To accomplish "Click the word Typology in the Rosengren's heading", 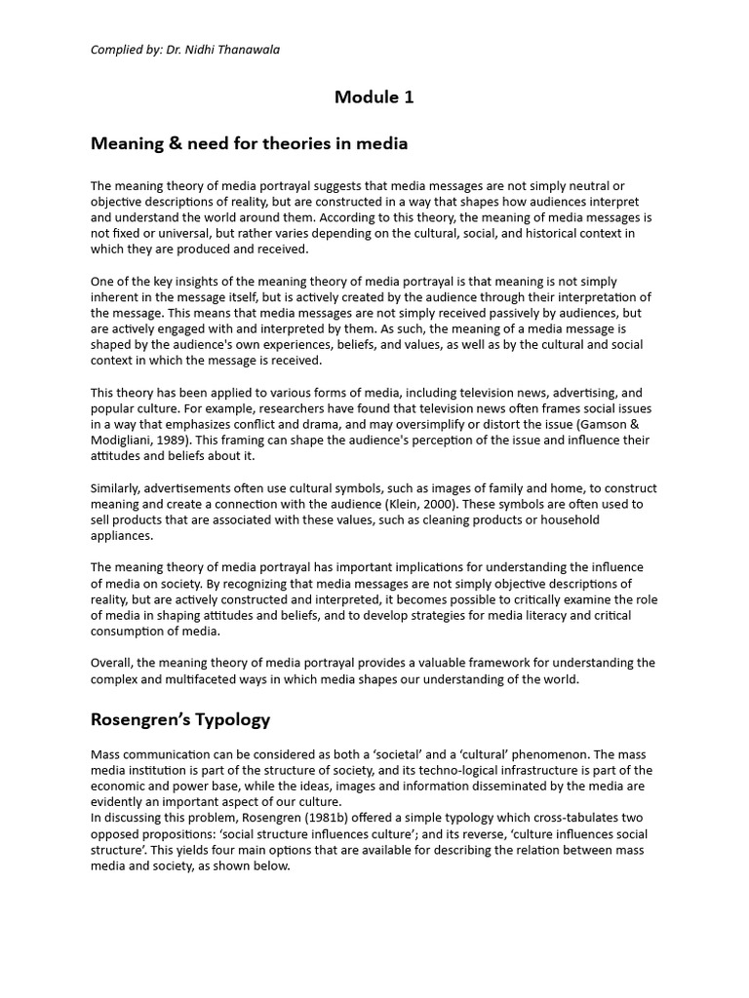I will pyautogui.click(x=232, y=720).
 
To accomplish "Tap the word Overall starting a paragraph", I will pyautogui.click(x=113, y=664).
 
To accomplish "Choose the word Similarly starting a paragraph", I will pyautogui.click(x=118, y=488).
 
